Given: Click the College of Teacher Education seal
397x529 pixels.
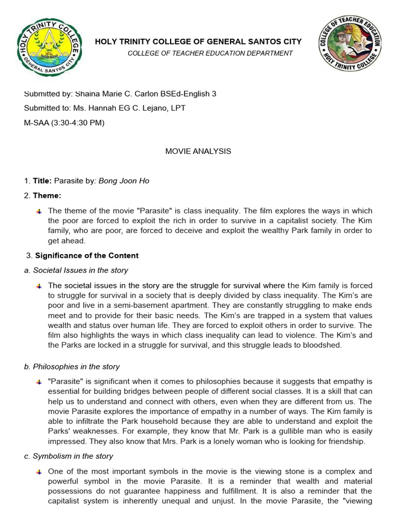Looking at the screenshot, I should [x=350, y=43].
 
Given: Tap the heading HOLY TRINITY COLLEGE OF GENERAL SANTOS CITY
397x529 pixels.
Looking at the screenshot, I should [x=198, y=41].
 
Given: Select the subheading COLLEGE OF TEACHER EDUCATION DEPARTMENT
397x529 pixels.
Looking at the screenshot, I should [x=210, y=53].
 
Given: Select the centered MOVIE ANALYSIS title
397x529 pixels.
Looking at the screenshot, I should [x=198, y=151].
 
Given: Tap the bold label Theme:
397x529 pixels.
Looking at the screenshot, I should [x=47, y=195].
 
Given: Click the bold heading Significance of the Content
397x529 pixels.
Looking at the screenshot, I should [x=86, y=255].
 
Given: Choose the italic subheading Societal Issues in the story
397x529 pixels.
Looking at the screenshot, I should [x=80, y=270].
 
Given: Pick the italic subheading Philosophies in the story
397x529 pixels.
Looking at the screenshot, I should [x=76, y=367].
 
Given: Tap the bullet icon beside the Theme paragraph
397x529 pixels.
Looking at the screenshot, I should [x=39, y=211].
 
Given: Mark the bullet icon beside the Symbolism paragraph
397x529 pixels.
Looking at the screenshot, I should [x=39, y=472].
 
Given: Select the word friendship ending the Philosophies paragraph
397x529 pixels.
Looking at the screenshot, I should [x=346, y=441].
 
